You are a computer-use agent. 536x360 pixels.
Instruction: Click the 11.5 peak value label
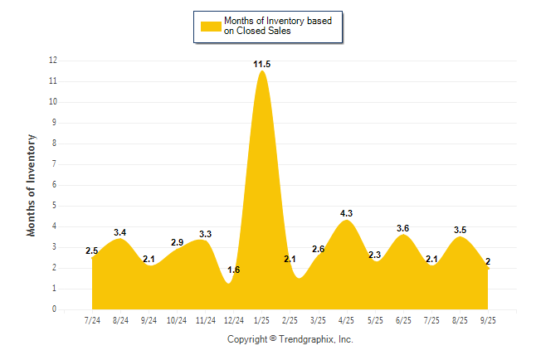click(x=262, y=64)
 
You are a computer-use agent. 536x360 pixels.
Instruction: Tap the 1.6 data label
click(x=233, y=270)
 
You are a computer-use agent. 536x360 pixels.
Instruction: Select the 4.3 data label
click(x=347, y=213)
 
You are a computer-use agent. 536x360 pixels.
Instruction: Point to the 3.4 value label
click(x=120, y=232)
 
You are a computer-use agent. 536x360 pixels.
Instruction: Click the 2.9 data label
click(x=177, y=242)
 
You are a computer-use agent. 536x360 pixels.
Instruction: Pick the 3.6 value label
click(x=404, y=228)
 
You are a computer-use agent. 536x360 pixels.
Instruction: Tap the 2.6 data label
click(x=319, y=249)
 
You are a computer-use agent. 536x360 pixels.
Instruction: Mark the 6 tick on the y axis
click(x=55, y=185)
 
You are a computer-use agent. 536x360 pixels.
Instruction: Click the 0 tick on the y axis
click(x=55, y=309)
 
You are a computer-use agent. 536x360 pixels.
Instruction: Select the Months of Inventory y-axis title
click(x=32, y=185)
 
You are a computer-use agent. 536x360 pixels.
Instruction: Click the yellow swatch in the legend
click(x=210, y=26)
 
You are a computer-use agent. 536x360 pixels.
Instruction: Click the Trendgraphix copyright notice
click(x=290, y=339)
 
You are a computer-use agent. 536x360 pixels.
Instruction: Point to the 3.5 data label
click(x=460, y=230)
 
